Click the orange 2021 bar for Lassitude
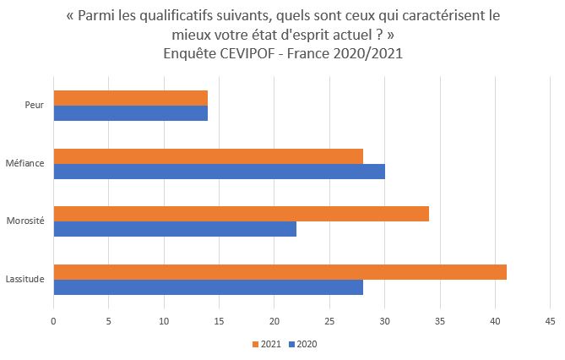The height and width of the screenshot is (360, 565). click(x=280, y=271)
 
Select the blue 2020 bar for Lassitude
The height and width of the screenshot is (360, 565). click(x=208, y=287)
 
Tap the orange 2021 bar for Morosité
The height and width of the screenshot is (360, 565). click(x=241, y=213)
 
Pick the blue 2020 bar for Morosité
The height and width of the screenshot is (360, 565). click(x=175, y=229)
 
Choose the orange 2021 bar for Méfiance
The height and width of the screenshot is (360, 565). click(x=208, y=156)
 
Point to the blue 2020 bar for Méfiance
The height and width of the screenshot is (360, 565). click(x=219, y=172)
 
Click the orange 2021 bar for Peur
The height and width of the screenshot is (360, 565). click(x=130, y=98)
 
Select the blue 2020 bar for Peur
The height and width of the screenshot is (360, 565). click(x=130, y=113)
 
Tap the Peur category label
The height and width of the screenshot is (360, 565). click(x=35, y=106)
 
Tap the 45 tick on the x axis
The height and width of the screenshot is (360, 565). click(x=550, y=321)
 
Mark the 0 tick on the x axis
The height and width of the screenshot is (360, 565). click(x=53, y=321)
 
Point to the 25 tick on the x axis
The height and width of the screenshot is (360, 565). click(x=329, y=321)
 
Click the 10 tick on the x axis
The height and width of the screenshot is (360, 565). click(x=163, y=321)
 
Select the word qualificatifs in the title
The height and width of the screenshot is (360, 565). click(x=187, y=17)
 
